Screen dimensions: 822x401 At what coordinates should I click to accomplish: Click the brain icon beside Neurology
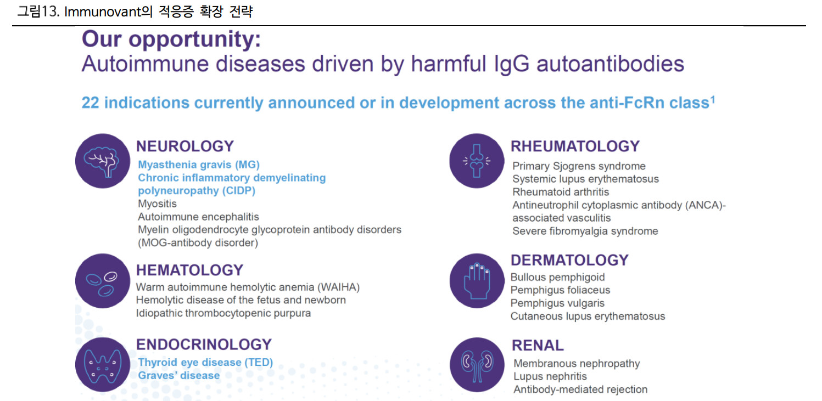(x=103, y=161)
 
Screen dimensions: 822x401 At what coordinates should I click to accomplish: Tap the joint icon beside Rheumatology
(x=477, y=161)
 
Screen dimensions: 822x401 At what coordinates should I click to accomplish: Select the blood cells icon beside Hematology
(x=103, y=281)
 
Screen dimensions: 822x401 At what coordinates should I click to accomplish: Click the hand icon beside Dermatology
(x=477, y=281)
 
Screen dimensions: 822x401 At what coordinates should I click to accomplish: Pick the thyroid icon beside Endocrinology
(x=103, y=365)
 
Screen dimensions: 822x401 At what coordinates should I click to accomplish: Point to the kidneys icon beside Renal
(x=477, y=365)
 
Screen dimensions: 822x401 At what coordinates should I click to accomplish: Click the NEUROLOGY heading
(x=185, y=146)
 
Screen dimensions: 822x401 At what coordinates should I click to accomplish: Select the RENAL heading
(x=538, y=345)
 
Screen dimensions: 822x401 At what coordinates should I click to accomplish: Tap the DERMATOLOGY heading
(x=569, y=260)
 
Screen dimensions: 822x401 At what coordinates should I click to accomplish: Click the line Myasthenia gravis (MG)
(x=199, y=165)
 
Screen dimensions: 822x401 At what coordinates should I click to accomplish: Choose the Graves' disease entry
(x=178, y=375)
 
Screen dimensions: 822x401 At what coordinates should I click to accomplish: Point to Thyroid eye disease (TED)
(x=205, y=363)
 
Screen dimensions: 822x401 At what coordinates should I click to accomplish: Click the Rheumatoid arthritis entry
(x=560, y=192)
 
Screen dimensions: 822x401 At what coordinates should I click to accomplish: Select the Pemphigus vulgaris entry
(x=557, y=303)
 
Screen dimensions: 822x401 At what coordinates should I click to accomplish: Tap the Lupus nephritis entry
(x=550, y=376)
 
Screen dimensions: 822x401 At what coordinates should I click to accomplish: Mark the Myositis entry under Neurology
(x=157, y=204)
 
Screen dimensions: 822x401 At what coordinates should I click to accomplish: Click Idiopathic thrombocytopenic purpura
(x=223, y=313)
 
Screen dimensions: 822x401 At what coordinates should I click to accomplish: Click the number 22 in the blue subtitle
(x=90, y=103)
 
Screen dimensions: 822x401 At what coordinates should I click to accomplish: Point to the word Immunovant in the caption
(x=103, y=12)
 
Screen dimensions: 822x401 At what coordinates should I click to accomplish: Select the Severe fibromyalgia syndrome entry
(x=585, y=231)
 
